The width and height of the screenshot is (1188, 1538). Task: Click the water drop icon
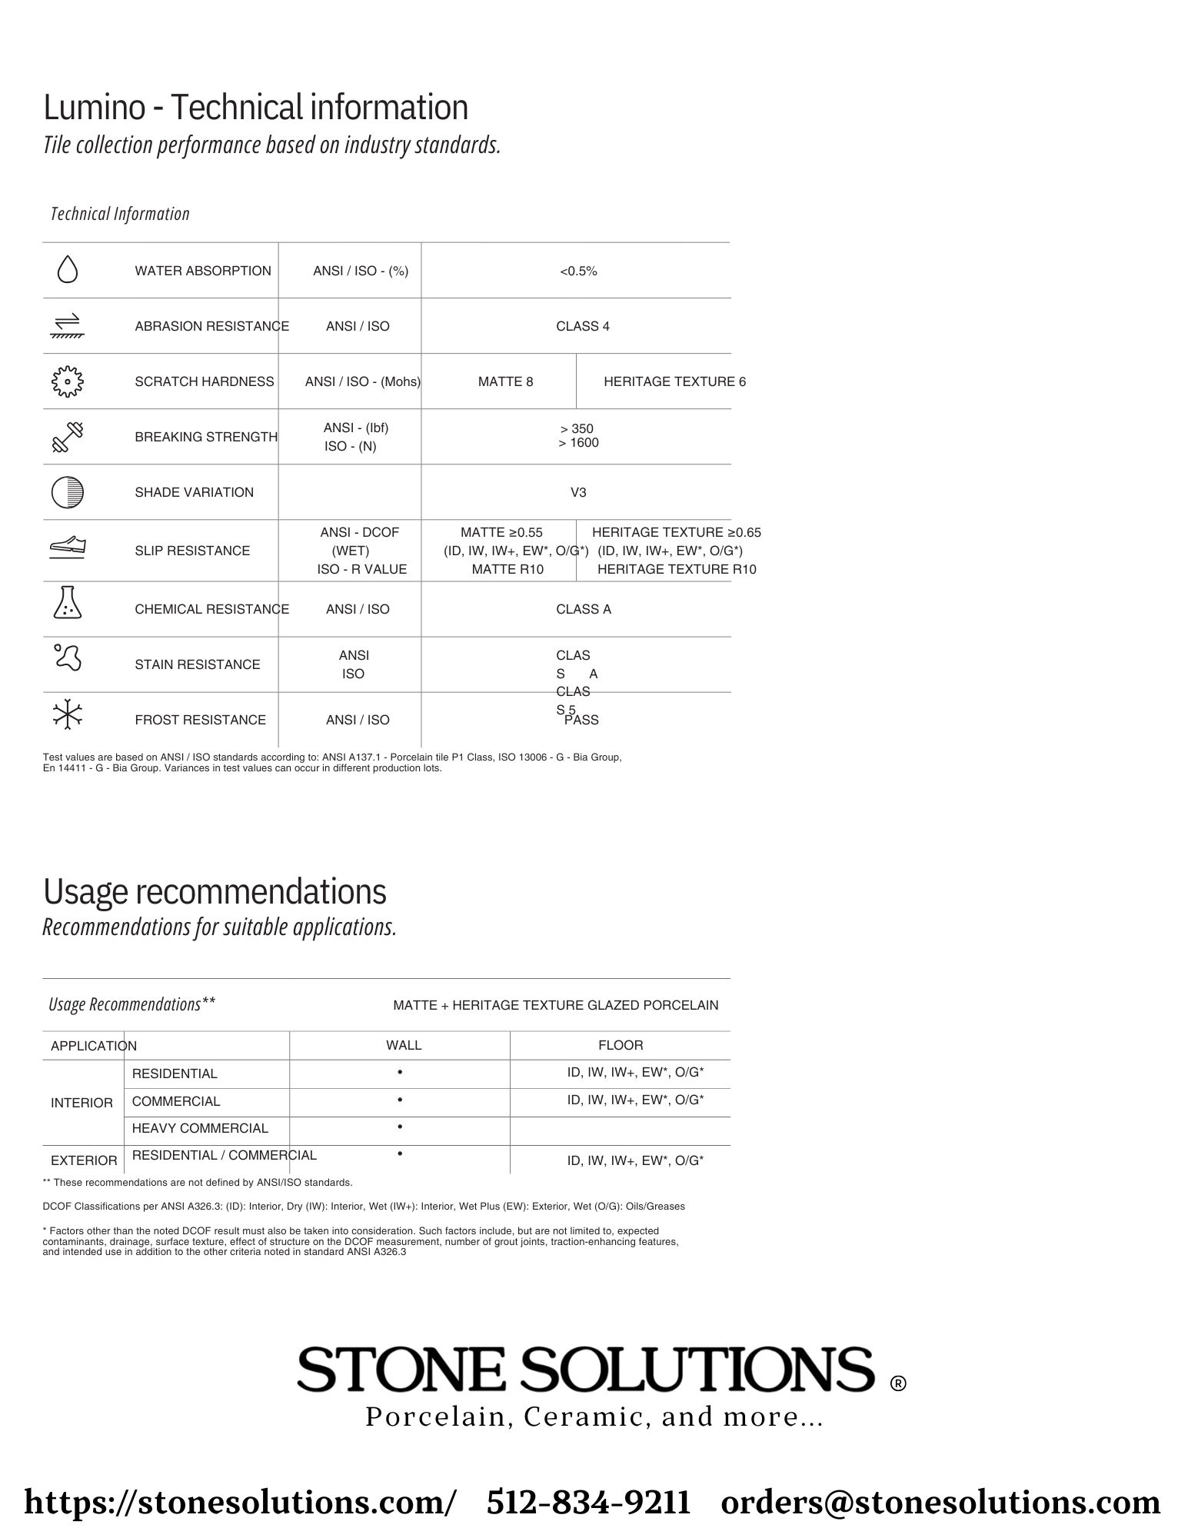(68, 270)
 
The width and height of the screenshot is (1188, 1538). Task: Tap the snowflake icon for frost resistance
(68, 714)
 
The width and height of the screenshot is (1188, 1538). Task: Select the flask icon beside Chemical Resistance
(68, 603)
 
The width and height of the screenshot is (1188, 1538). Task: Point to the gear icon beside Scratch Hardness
(68, 381)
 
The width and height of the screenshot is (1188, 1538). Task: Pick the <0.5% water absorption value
(578, 271)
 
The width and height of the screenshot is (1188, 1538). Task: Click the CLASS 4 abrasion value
(583, 326)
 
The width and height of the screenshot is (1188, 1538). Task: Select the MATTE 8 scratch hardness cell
(505, 381)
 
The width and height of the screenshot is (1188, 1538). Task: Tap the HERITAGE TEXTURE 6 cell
(674, 381)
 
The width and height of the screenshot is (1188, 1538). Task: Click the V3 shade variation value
(578, 492)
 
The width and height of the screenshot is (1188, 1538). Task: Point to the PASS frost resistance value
(581, 720)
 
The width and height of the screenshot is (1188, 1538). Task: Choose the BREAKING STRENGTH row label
(206, 437)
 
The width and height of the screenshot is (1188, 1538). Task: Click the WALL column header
(404, 1045)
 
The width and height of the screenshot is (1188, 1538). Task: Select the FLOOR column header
(621, 1045)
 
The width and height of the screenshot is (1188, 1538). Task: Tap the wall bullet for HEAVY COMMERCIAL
(400, 1127)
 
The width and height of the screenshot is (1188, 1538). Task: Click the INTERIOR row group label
(82, 1103)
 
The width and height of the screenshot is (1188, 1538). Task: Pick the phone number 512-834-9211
(588, 1502)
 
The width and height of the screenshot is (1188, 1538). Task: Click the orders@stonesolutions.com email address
(940, 1502)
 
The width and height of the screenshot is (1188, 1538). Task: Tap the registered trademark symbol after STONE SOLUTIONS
(897, 1383)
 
